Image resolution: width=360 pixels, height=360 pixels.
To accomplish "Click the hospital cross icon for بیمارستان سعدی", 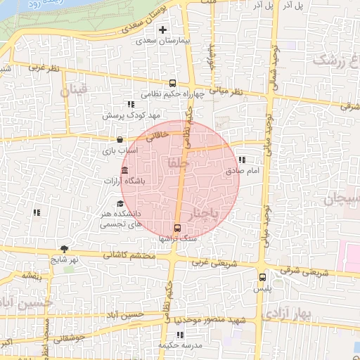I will (163, 30).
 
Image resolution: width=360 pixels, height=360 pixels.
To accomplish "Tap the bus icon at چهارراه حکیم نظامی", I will (173, 83).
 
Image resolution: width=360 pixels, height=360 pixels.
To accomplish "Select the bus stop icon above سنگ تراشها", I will (176, 228).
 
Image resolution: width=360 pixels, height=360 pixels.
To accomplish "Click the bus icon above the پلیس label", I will (263, 277).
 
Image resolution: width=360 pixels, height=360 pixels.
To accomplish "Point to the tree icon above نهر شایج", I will (65, 248).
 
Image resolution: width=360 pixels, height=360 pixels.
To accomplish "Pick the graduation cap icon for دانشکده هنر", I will (120, 204).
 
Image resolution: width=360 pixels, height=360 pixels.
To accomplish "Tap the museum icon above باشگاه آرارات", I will (125, 171).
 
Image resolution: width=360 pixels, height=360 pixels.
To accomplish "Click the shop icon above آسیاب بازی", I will (120, 139).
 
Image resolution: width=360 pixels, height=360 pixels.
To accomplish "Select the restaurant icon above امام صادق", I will (242, 160).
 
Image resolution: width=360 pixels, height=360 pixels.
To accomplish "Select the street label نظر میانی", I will (228, 91).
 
